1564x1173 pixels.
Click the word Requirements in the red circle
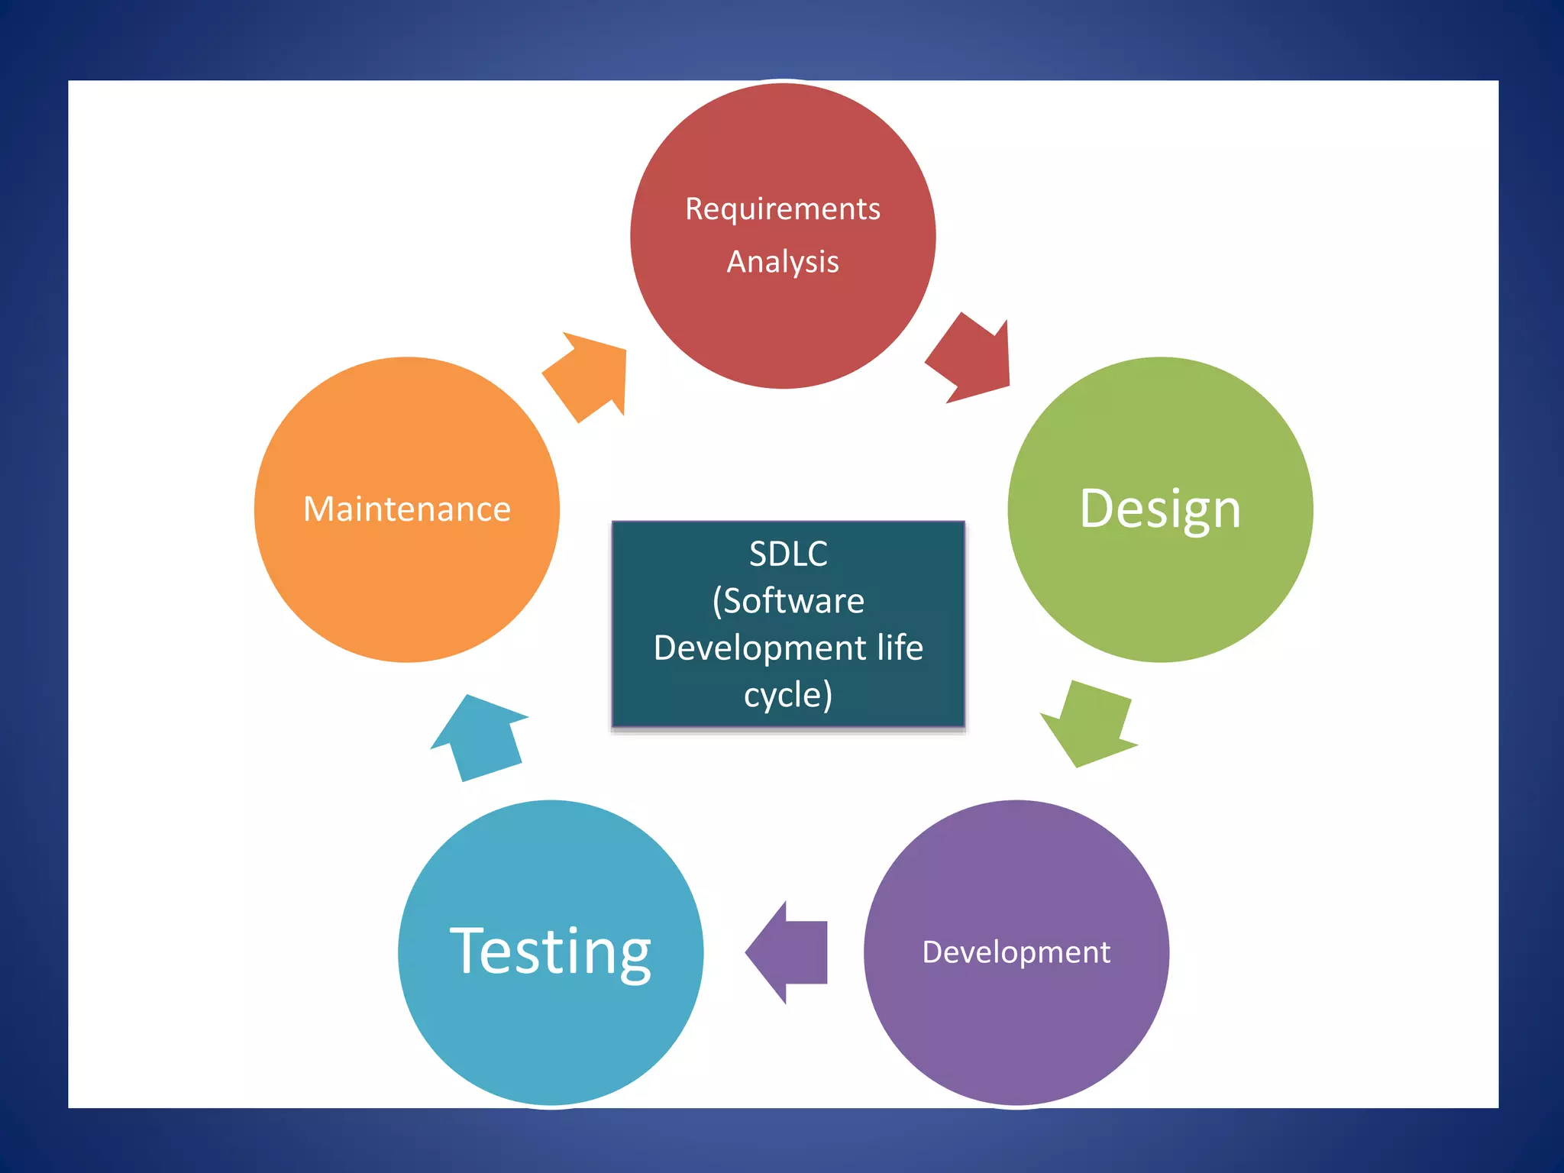point(783,209)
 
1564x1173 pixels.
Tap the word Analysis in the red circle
point(783,262)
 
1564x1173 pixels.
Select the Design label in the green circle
point(1160,509)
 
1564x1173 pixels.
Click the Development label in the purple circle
point(1016,952)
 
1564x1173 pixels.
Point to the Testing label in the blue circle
point(550,951)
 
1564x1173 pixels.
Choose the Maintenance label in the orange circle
point(407,509)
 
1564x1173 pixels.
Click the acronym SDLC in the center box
point(788,554)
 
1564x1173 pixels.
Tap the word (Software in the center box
point(788,601)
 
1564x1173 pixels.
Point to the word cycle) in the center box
point(788,695)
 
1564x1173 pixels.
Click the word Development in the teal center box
point(760,648)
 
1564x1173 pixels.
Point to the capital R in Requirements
point(693,209)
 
